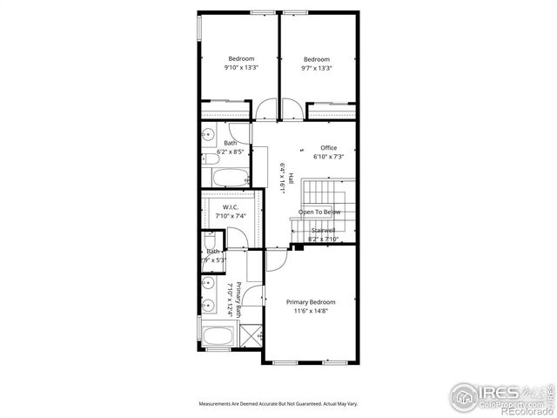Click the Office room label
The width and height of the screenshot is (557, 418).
pyautogui.click(x=328, y=148)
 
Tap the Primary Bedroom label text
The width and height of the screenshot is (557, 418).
pyautogui.click(x=311, y=302)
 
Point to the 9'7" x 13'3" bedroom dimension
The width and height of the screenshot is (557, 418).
pyautogui.click(x=317, y=68)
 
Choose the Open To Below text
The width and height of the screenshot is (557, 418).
pyautogui.click(x=319, y=212)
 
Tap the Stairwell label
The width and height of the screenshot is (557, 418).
pyautogui.click(x=323, y=230)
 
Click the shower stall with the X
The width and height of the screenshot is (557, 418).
pyautogui.click(x=251, y=335)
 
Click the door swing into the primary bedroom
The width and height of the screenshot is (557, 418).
pyautogui.click(x=277, y=259)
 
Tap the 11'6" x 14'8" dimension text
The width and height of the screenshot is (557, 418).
pyautogui.click(x=311, y=311)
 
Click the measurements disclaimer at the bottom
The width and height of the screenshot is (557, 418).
pyautogui.click(x=278, y=404)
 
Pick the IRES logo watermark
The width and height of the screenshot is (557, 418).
pyautogui.click(x=500, y=396)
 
